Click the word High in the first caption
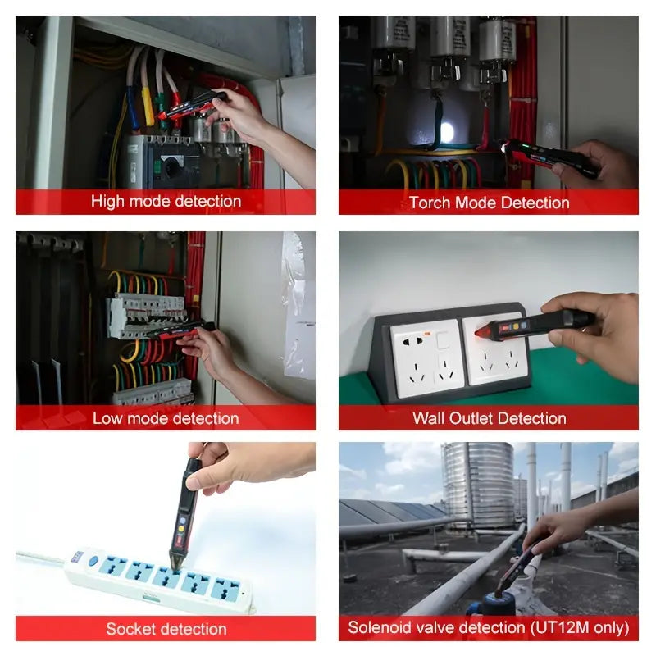click(x=107, y=202)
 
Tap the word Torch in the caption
click(x=430, y=203)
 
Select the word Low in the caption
click(x=107, y=418)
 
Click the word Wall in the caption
click(x=428, y=418)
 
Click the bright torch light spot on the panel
click(x=446, y=133)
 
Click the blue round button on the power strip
click(x=93, y=560)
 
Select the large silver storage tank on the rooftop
click(x=478, y=485)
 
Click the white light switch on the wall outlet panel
click(x=443, y=340)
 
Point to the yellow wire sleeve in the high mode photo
click(x=148, y=106)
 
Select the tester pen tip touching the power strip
click(x=175, y=563)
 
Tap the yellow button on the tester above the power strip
click(x=181, y=528)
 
